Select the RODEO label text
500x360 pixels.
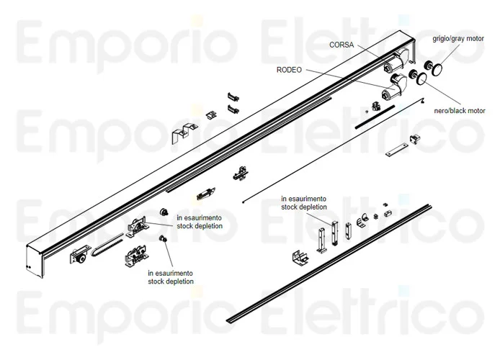(x=289, y=70)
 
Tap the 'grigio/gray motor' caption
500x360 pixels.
(x=458, y=38)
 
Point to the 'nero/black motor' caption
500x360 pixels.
(x=458, y=110)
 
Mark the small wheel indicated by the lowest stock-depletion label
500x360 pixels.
(x=163, y=239)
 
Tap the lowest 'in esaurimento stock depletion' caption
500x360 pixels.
(x=171, y=278)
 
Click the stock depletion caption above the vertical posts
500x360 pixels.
(x=304, y=202)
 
